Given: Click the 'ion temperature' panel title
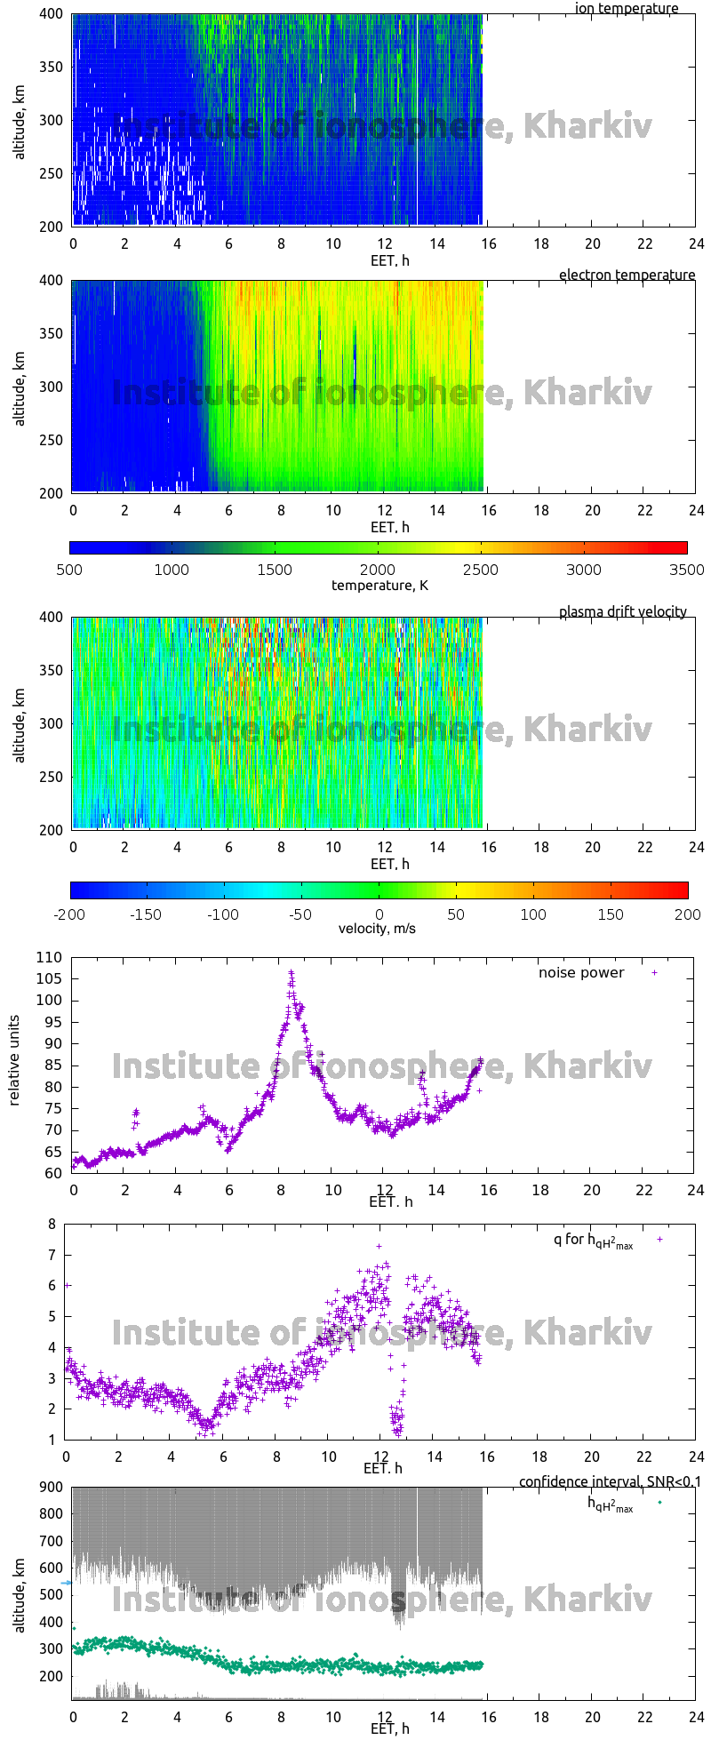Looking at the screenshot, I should (627, 9).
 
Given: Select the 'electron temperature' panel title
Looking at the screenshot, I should (627, 275).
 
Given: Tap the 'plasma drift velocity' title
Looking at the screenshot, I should (622, 612).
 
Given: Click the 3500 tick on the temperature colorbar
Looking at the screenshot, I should (686, 570).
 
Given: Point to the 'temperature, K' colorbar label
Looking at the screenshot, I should (379, 585).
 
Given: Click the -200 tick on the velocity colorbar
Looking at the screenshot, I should (70, 914).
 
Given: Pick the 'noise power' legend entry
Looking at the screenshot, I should (581, 973).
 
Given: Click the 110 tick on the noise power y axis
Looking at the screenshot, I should (50, 957).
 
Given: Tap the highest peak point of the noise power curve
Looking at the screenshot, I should (291, 973).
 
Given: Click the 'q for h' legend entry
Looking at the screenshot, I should (593, 1241).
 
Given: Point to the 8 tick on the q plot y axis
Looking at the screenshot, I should (52, 1225).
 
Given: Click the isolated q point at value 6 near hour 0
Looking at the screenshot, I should (68, 1285).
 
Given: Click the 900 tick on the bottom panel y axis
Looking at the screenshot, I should (50, 1487).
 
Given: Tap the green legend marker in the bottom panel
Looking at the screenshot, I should (659, 1503).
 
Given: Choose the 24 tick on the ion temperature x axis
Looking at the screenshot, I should (695, 243).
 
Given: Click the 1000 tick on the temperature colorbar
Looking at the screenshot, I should (172, 570).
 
